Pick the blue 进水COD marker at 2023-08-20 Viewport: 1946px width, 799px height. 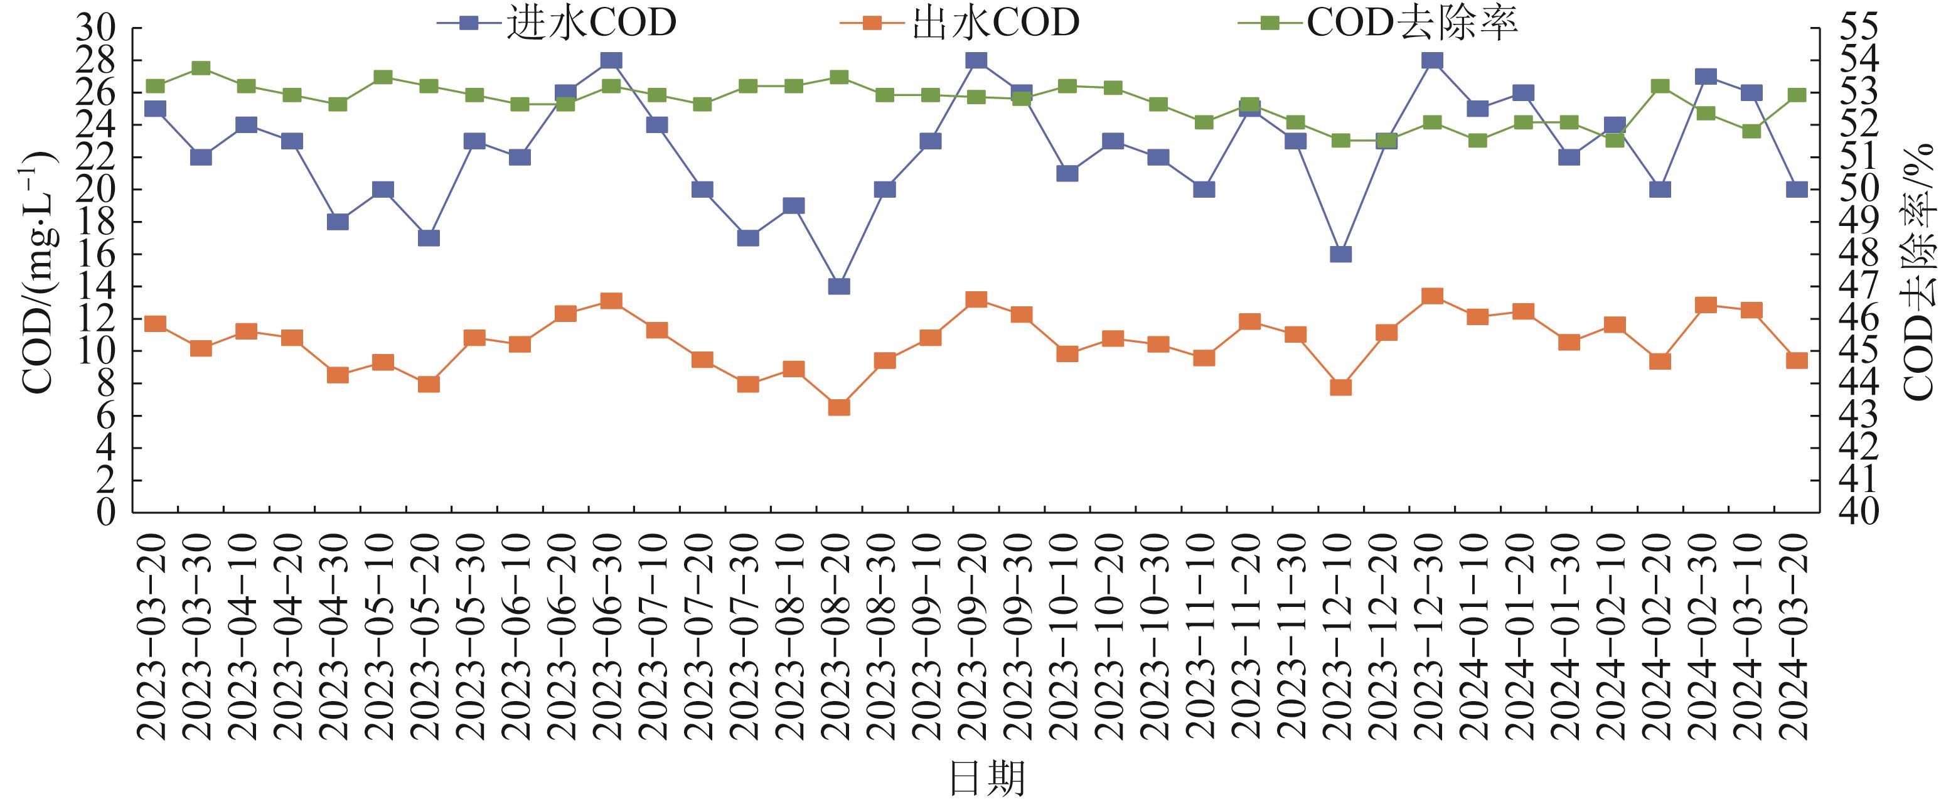839,286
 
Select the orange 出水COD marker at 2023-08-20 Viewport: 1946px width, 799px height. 839,407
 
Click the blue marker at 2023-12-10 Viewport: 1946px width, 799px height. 1341,254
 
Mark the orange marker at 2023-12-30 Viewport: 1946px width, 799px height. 1432,296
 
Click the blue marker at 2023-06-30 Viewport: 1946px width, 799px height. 611,60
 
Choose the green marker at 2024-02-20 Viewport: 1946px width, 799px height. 1660,86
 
